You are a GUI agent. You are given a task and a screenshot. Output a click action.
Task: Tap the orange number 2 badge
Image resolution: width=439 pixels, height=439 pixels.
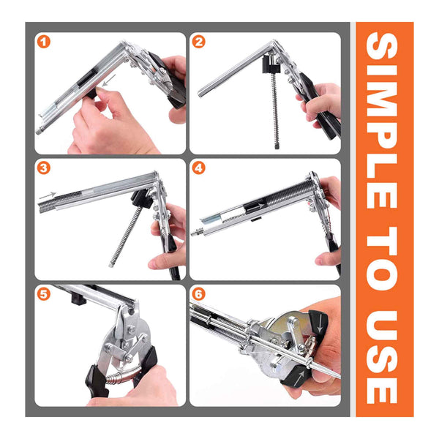pyautogui.click(x=199, y=42)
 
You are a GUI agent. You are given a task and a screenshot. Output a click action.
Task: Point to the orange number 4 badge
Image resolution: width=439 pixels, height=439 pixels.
pyautogui.click(x=199, y=168)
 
